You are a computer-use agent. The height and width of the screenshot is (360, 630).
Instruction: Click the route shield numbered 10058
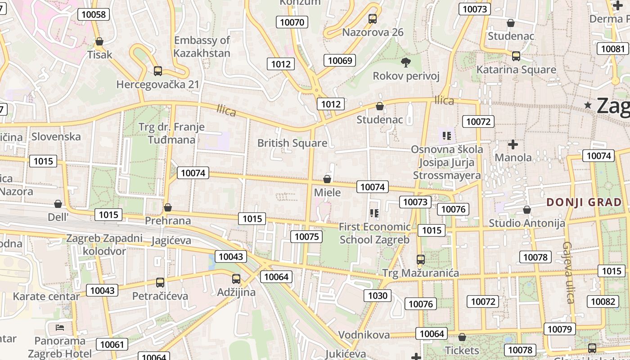tap(94, 14)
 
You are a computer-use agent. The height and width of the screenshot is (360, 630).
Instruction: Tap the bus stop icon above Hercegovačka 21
tap(157, 71)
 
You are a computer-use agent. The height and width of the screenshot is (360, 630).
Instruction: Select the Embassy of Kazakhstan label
tap(202, 47)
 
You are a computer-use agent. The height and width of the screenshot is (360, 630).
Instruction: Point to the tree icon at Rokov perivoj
tap(405, 62)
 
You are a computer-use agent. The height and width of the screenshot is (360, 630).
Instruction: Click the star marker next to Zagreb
tap(588, 105)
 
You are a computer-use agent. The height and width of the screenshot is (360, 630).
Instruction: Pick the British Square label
tap(292, 143)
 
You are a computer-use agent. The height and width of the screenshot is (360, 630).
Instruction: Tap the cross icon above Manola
tap(513, 144)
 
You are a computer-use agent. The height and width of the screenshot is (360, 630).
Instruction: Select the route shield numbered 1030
tap(378, 296)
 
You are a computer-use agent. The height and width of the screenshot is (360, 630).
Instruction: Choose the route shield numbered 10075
tap(306, 237)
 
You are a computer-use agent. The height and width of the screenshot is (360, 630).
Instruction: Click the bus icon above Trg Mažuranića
tap(420, 260)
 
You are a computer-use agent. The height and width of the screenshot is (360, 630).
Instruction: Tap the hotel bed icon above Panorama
tap(60, 327)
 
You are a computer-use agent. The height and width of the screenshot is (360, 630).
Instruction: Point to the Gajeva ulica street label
tap(568, 272)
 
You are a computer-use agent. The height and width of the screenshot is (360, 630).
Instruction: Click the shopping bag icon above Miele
tap(327, 179)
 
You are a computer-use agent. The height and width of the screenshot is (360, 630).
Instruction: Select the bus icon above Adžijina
tap(236, 279)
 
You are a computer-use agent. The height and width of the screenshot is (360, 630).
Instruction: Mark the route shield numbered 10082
tap(603, 301)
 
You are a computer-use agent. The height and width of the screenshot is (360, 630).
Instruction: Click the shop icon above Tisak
tap(99, 41)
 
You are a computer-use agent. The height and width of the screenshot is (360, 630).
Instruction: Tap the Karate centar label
tap(46, 297)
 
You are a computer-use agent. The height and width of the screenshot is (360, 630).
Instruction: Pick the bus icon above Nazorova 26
tap(373, 19)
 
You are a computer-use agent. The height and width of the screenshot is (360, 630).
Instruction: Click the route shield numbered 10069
tap(340, 60)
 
